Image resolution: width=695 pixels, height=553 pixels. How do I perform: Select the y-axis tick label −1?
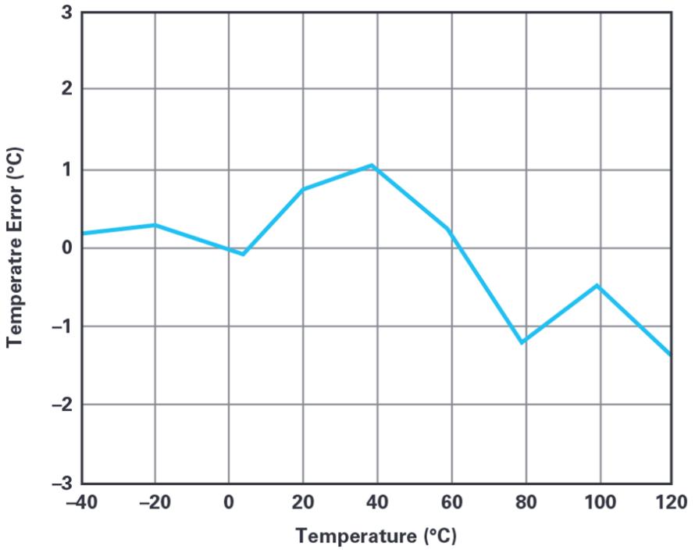[x=61, y=326]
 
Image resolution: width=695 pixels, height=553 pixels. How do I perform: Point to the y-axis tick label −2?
[x=61, y=405]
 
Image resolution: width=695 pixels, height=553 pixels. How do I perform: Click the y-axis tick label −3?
[x=61, y=484]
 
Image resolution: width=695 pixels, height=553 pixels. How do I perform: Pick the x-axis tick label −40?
[x=81, y=502]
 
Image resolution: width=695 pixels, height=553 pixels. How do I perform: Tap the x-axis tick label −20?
[x=155, y=502]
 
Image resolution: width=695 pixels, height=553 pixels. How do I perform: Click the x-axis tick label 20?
[x=303, y=502]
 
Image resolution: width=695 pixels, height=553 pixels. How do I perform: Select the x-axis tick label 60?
[x=451, y=502]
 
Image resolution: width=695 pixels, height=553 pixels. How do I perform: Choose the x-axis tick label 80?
[x=526, y=502]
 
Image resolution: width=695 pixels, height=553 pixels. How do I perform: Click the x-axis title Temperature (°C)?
[x=376, y=537]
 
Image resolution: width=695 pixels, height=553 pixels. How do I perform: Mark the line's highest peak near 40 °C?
[x=373, y=165]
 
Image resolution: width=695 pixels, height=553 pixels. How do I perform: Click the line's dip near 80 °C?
[x=522, y=342]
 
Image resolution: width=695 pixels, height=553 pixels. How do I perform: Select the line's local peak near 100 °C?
[x=597, y=286]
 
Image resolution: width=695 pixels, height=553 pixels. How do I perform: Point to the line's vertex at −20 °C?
[x=155, y=225]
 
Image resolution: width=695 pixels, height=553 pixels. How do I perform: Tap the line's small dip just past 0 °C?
[x=244, y=254]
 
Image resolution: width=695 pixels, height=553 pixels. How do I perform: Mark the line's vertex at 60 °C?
[x=448, y=229]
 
